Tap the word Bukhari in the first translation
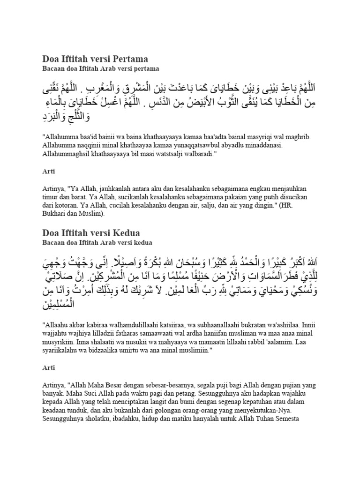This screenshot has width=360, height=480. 57,213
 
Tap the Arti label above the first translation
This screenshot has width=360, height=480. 48,172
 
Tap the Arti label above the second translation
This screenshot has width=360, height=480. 48,369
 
